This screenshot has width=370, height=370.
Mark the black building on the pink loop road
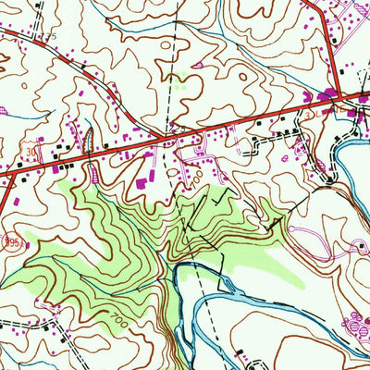359,246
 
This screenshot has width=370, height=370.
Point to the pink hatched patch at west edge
5,110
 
